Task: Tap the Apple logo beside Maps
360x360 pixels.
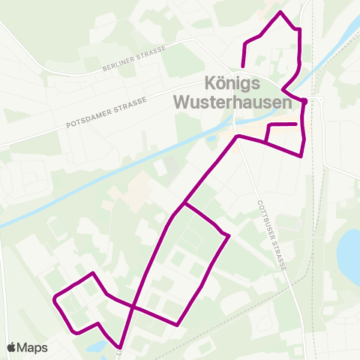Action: pos(11,347)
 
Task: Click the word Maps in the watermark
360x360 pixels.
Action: pos(32,347)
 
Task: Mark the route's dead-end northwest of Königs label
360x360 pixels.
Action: pos(243,66)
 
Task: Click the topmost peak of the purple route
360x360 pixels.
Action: pos(280,13)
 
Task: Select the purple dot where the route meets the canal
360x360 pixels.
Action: pos(304,100)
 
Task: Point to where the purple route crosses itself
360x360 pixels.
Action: pos(134,307)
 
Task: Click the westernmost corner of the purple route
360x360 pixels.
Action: pos(55,299)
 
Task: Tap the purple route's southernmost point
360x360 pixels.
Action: pos(120,347)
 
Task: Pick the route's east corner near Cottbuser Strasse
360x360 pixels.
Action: pos(227,236)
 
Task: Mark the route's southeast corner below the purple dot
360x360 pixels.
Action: pos(301,156)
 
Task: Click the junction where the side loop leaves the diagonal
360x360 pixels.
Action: pos(183,203)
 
